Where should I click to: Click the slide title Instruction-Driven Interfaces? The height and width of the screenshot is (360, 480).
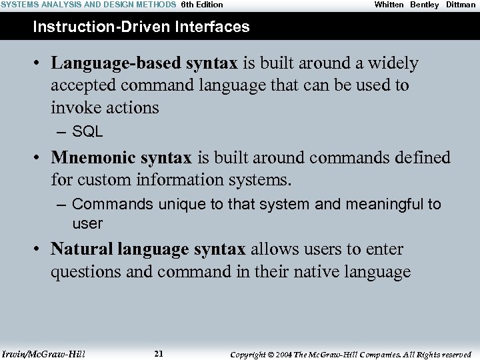(141, 27)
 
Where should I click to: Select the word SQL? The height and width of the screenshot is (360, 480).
(87, 132)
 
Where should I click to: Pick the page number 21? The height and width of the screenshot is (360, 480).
(158, 354)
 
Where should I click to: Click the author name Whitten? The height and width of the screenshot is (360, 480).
(389, 5)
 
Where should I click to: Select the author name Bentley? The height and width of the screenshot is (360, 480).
(424, 5)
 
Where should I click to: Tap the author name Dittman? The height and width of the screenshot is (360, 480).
(461, 5)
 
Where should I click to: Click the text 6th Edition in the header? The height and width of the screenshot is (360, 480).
(202, 5)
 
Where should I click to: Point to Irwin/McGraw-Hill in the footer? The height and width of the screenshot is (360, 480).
(43, 354)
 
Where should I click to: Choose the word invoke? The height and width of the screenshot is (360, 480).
(73, 108)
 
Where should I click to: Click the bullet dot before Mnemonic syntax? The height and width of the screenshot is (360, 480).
(39, 159)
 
